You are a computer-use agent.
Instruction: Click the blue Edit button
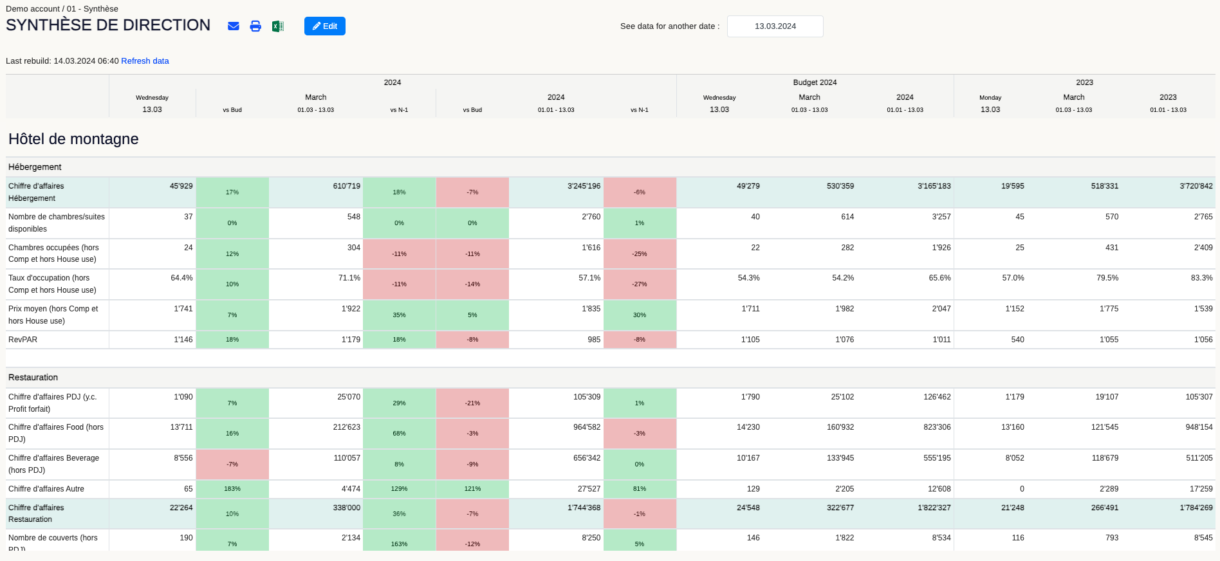(324, 26)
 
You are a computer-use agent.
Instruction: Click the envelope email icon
(234, 26)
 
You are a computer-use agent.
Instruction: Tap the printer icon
(255, 26)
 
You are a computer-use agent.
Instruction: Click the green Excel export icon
(277, 26)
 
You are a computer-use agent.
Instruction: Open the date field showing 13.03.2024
(775, 26)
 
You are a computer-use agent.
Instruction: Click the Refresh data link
(145, 61)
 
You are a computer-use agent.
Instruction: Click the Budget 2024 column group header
(815, 82)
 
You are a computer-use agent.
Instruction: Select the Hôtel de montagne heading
(73, 139)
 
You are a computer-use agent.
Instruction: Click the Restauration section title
(33, 378)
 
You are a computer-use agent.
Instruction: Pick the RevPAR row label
(23, 340)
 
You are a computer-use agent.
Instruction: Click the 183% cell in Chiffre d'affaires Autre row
(232, 489)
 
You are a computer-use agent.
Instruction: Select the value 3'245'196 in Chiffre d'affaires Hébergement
(584, 186)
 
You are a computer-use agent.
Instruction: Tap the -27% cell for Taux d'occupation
(640, 284)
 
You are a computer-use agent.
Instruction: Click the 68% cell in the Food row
(399, 434)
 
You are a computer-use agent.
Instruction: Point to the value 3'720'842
(1196, 186)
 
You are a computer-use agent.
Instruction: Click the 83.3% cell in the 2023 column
(1201, 278)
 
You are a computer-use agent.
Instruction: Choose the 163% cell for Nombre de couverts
(399, 544)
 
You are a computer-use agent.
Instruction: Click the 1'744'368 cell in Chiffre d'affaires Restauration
(584, 508)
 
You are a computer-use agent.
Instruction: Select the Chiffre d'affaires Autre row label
(46, 489)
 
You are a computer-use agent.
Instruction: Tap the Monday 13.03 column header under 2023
(990, 104)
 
